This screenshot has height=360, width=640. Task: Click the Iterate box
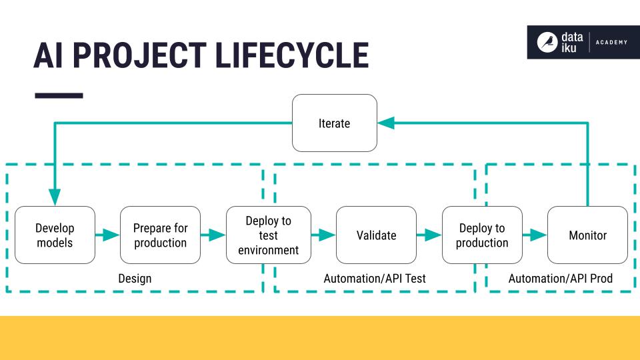335,123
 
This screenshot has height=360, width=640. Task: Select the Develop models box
55,235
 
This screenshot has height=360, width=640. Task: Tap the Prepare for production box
160,235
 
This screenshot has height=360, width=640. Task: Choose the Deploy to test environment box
268,235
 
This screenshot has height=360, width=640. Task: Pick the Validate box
376,235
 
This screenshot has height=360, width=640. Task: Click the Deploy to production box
482,235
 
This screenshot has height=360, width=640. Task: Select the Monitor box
587,235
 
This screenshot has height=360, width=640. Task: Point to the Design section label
135,278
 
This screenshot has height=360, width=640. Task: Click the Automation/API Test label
375,278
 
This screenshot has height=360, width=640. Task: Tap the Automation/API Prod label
561,278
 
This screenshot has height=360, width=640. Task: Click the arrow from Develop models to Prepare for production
107,235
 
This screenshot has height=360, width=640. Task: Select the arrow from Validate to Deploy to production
429,235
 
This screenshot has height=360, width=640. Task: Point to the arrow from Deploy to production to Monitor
535,235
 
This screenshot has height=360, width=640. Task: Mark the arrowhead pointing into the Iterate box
386,123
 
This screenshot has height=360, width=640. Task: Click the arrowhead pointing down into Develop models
55,197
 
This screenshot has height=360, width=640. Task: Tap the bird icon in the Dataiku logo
547,42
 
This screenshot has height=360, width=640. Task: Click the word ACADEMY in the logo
611,42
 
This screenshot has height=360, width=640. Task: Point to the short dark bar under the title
59,95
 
